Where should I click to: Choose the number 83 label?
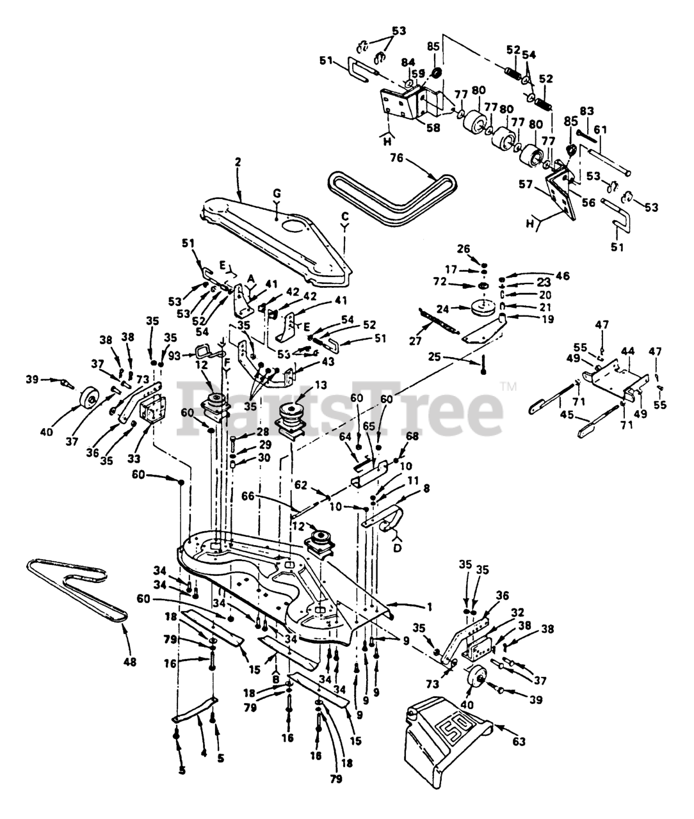(586, 111)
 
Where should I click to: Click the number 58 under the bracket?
(434, 127)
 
